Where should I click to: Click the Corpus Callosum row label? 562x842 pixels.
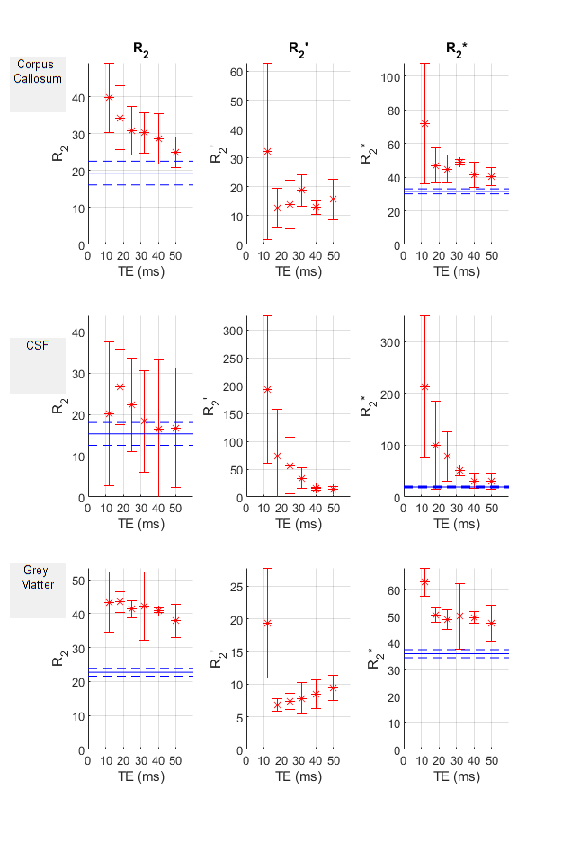click(x=38, y=71)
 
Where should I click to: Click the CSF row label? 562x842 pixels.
click(x=38, y=345)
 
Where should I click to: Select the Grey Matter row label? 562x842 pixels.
click(x=38, y=577)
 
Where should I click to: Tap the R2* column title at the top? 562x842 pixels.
click(x=455, y=50)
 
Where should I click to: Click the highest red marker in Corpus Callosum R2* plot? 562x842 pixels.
click(x=424, y=124)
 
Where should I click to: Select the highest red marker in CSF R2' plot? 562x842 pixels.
click(x=266, y=389)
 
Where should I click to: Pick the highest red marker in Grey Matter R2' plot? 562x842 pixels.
click(x=266, y=623)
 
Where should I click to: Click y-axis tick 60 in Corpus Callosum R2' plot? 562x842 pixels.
click(x=237, y=71)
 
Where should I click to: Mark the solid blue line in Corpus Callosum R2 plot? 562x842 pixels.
click(x=144, y=173)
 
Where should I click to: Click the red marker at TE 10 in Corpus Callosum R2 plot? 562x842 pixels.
click(x=109, y=97)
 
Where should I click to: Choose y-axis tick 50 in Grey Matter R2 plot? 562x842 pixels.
click(x=79, y=581)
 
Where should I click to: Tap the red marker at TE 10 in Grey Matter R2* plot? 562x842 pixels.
click(x=424, y=581)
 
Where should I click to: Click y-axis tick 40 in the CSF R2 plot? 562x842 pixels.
click(x=79, y=332)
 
